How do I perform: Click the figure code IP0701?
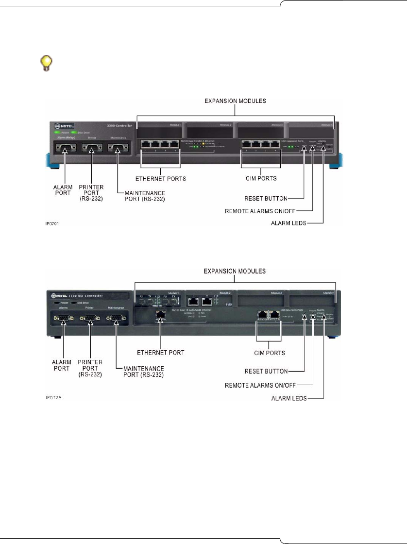(x=51, y=224)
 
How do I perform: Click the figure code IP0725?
(x=51, y=400)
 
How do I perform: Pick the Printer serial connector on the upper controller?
(x=90, y=148)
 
